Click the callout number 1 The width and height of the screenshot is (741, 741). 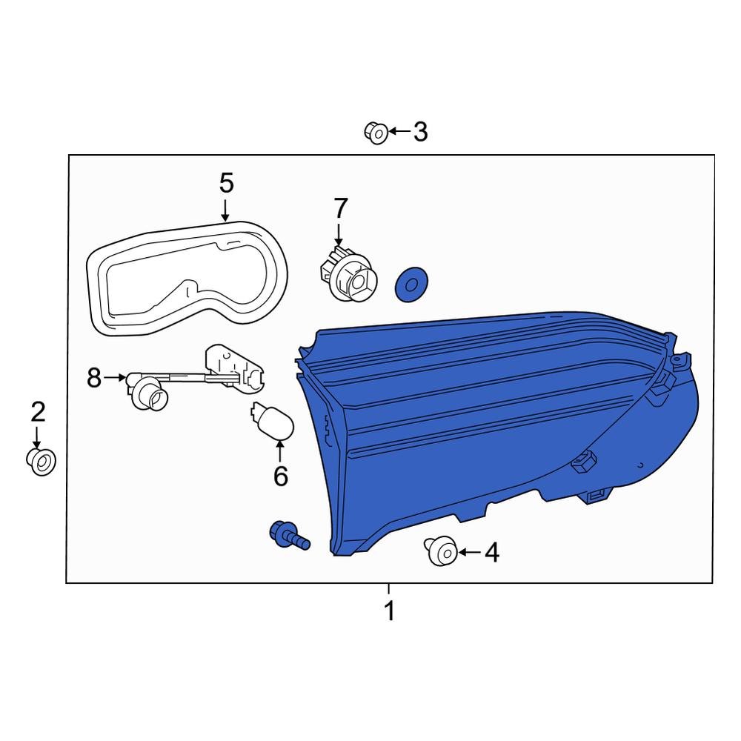390,611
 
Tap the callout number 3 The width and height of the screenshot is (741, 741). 420,131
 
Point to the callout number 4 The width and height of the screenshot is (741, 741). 492,553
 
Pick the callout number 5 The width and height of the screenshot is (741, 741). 226,183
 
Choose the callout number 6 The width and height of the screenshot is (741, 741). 281,476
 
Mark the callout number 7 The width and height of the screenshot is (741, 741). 340,208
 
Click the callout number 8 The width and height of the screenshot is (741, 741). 94,378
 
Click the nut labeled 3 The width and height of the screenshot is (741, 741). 376,133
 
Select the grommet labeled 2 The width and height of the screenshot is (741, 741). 41,461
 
